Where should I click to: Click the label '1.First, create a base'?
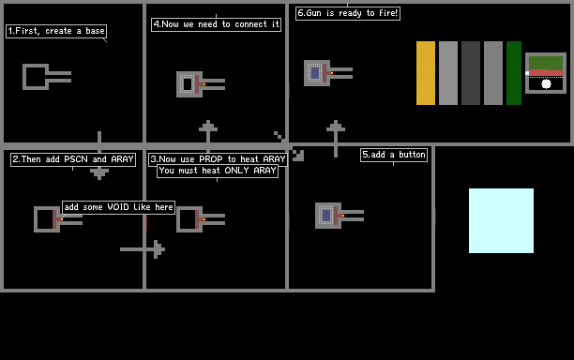(x=56, y=31)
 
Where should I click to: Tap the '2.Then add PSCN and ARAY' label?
(x=73, y=159)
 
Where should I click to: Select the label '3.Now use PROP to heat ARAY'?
(x=218, y=159)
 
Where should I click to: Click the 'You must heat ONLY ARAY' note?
(x=218, y=171)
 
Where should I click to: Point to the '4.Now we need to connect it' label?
(x=216, y=24)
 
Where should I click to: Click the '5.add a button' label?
(x=394, y=155)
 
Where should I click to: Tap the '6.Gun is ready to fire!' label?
(x=348, y=13)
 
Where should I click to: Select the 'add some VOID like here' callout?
(x=118, y=207)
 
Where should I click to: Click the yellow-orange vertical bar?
(x=426, y=73)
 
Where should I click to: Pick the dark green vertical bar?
(x=514, y=73)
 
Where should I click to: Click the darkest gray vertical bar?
(x=471, y=73)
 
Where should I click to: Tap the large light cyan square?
(x=501, y=220)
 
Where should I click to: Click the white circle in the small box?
(x=546, y=84)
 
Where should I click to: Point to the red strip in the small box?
(x=546, y=73)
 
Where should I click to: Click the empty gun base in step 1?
(x=36, y=65)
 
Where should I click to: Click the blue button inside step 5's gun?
(x=326, y=216)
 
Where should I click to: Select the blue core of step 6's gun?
(x=315, y=73)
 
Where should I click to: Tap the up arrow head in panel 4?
(x=208, y=126)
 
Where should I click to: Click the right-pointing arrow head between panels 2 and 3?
(x=159, y=249)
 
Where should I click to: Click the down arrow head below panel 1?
(x=99, y=173)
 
